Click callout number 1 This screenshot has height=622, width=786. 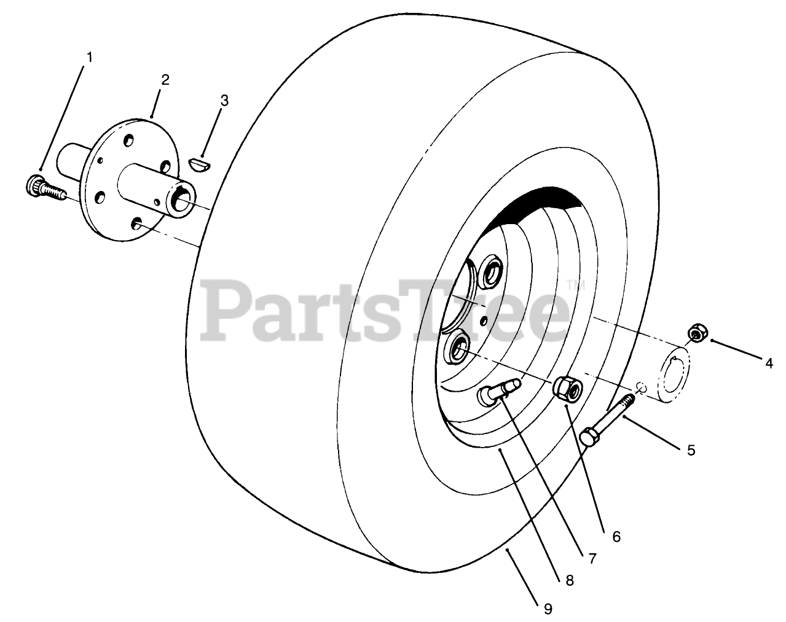click(x=89, y=58)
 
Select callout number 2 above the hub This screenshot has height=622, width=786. click(x=165, y=80)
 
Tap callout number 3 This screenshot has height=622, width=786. click(x=224, y=100)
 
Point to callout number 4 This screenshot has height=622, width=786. click(x=769, y=363)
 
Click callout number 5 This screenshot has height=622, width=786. click(x=691, y=451)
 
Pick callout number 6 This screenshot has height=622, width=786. click(x=616, y=537)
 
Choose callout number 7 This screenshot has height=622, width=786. click(x=592, y=558)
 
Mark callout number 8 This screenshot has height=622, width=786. click(x=570, y=580)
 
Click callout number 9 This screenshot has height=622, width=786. click(x=548, y=608)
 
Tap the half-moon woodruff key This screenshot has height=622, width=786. click(x=200, y=165)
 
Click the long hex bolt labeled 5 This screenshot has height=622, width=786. click(x=608, y=420)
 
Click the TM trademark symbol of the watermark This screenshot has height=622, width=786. click(x=575, y=284)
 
